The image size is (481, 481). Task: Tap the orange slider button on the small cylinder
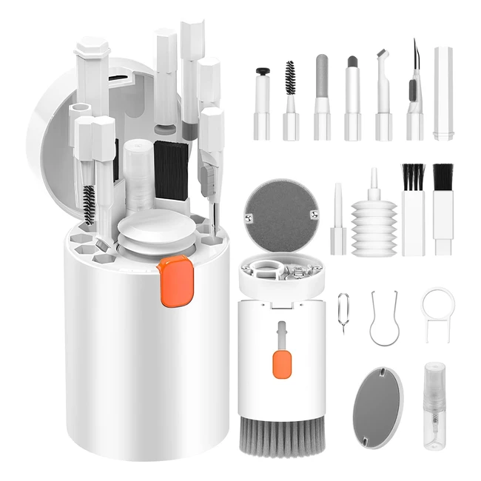tap(281, 364)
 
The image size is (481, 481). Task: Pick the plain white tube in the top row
tap(443, 92)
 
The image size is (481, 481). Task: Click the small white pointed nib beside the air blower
tap(338, 215)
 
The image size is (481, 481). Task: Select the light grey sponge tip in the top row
tap(321, 74)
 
